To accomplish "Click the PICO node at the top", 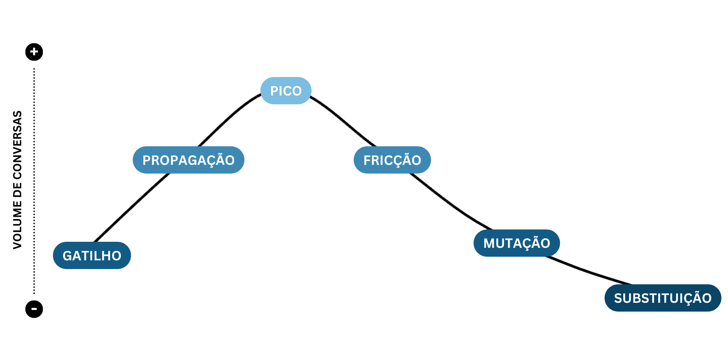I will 286,91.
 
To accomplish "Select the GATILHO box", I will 92,255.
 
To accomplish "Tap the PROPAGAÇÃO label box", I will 188,160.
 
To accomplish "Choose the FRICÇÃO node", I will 392,160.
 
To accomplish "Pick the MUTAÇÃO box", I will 516,243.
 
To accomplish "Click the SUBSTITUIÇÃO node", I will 662,298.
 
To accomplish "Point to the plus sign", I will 34,52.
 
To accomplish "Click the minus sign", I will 34,309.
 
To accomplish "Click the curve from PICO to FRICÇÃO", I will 343,120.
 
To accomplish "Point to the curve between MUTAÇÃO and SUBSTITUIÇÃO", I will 588,271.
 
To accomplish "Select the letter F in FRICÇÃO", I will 367,160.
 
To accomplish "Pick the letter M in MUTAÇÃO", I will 488,243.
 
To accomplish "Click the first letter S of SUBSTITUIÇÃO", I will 618,298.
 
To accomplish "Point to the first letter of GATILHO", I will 67,256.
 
